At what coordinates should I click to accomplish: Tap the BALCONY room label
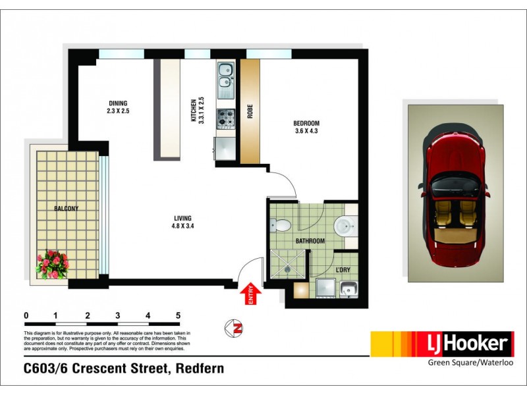point(66,209)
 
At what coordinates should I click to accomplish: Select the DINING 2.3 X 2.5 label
point(119,107)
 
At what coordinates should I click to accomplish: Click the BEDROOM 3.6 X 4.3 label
point(306,127)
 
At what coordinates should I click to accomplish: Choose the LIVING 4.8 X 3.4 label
point(183,223)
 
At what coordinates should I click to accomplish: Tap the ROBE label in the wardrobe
point(250,112)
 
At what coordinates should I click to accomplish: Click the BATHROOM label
point(310,242)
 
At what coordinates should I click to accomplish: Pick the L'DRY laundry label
point(343,271)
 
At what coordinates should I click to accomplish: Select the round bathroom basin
point(344,226)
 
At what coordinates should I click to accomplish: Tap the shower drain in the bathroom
point(287,268)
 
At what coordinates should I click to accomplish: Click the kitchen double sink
point(225,76)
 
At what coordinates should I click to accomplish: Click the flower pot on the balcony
point(53,265)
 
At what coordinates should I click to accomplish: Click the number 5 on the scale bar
point(178,315)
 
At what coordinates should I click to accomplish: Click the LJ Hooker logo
point(441,344)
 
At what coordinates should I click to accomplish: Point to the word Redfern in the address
point(199,369)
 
